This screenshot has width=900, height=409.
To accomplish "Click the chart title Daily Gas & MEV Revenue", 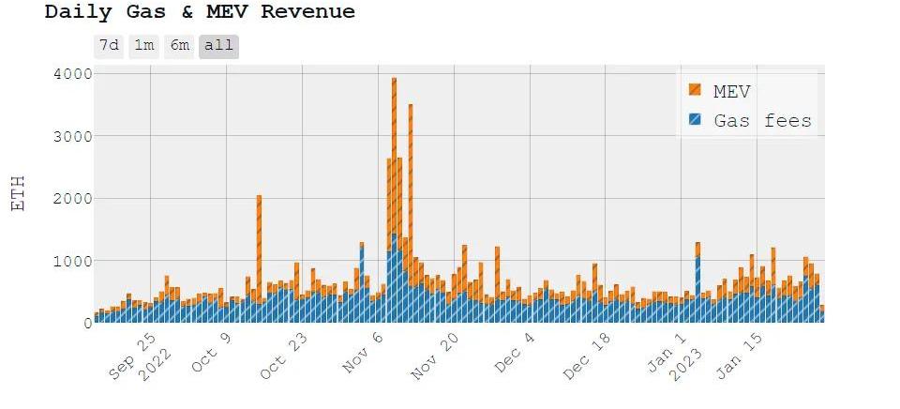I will [x=200, y=12].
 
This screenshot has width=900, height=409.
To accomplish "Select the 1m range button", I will [x=143, y=46].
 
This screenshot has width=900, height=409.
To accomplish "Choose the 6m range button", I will [x=179, y=46].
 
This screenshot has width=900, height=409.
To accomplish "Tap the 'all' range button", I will [x=218, y=46].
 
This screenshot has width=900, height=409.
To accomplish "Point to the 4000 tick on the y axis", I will [x=69, y=73].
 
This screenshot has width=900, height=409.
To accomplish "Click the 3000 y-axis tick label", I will [x=69, y=136].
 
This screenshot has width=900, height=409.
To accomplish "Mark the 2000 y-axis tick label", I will [x=69, y=198].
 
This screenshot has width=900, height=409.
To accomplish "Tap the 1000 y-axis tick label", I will [x=69, y=260].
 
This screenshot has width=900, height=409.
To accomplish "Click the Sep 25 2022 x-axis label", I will [x=141, y=355].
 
